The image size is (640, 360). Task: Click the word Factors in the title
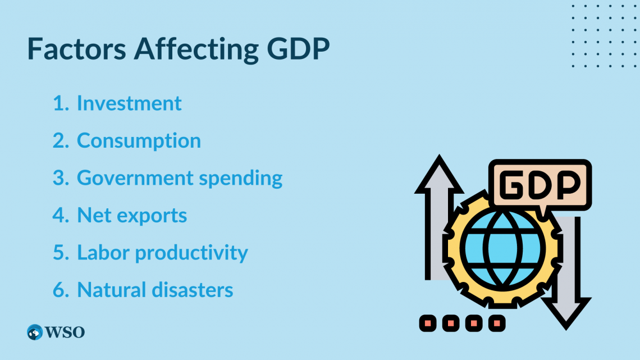coord(76,49)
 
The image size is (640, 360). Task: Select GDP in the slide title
coord(298,49)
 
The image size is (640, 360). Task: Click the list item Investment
coord(129,103)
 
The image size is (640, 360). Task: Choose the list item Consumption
coord(139,141)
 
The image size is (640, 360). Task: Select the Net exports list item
coord(132,216)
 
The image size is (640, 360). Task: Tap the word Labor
coord(103,252)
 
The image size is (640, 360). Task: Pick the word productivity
coord(191,253)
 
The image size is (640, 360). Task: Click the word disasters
coord(193,290)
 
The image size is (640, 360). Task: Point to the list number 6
coord(61,290)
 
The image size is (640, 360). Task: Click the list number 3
coord(61,178)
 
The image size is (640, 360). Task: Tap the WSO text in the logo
coord(65,332)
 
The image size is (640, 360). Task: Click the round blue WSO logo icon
coord(35,332)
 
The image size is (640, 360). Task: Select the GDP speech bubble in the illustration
coord(540,185)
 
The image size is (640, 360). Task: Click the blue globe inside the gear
coord(503,249)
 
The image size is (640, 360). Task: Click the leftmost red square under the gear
coord(428,323)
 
